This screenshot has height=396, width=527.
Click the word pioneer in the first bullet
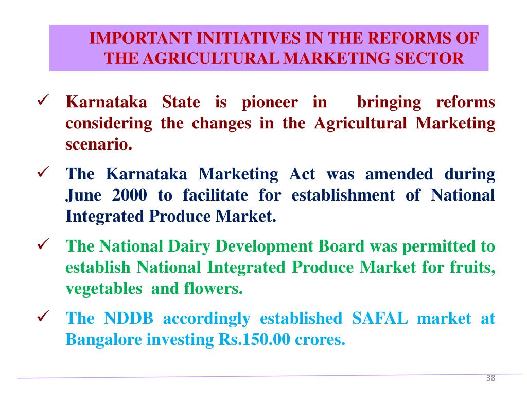(270, 102)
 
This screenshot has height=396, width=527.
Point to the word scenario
(99, 144)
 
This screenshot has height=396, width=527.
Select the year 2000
(127, 195)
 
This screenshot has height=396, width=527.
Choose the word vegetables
(103, 288)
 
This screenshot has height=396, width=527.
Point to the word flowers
(213, 288)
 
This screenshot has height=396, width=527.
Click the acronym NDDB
(129, 318)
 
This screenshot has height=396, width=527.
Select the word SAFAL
(380, 318)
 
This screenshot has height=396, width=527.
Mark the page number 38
(490, 378)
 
